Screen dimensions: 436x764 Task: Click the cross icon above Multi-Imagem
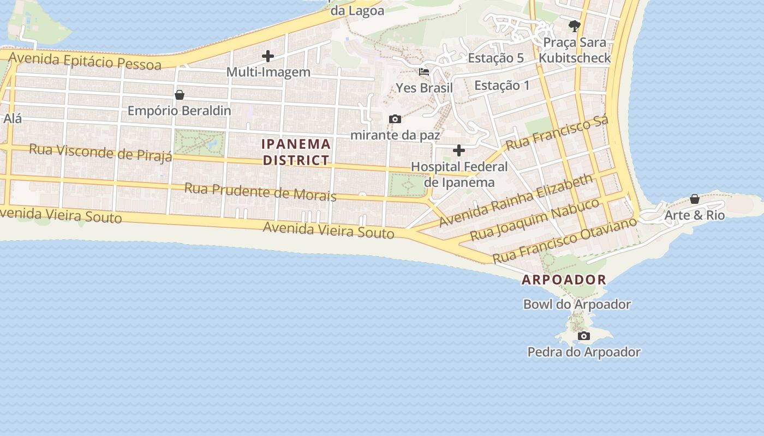pos(267,56)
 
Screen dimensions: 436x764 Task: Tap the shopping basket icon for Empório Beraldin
pos(179,95)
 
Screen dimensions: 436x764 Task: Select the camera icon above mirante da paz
pos(395,119)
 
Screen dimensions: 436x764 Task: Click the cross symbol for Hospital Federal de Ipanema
pos(459,150)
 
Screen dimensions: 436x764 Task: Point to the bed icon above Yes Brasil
pos(424,71)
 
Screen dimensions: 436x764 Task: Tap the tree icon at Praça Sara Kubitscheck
pos(574,25)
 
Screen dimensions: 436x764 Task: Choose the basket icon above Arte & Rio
pos(695,199)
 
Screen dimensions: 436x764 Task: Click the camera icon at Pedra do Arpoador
pos(584,336)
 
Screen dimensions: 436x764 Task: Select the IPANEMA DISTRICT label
pos(296,152)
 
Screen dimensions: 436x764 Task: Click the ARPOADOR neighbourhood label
pos(564,280)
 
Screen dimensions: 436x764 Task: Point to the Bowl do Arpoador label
pos(577,304)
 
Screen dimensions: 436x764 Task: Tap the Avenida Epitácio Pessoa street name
pos(85,60)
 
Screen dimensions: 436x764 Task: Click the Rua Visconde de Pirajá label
pos(100,152)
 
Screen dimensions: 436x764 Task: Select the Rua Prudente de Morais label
pos(260,192)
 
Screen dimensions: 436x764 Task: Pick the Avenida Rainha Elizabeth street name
pos(515,201)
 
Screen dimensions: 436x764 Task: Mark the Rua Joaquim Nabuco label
pos(535,220)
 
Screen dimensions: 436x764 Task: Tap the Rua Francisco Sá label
pos(557,134)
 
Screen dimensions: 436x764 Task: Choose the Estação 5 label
pos(496,58)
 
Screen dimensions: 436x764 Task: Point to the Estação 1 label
pos(502,85)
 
